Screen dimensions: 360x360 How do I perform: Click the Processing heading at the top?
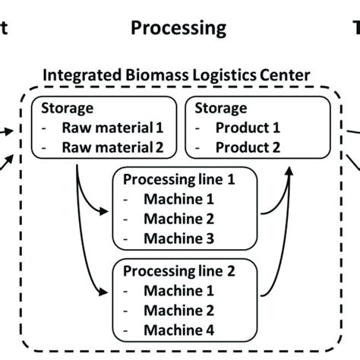pos(178,28)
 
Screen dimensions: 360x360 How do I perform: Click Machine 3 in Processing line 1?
pos(180,239)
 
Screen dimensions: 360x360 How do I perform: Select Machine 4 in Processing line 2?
pos(180,329)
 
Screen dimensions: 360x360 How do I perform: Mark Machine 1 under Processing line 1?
pos(180,201)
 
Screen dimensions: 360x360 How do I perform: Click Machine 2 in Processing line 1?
pos(180,220)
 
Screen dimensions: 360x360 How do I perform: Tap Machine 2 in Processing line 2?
pos(180,310)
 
